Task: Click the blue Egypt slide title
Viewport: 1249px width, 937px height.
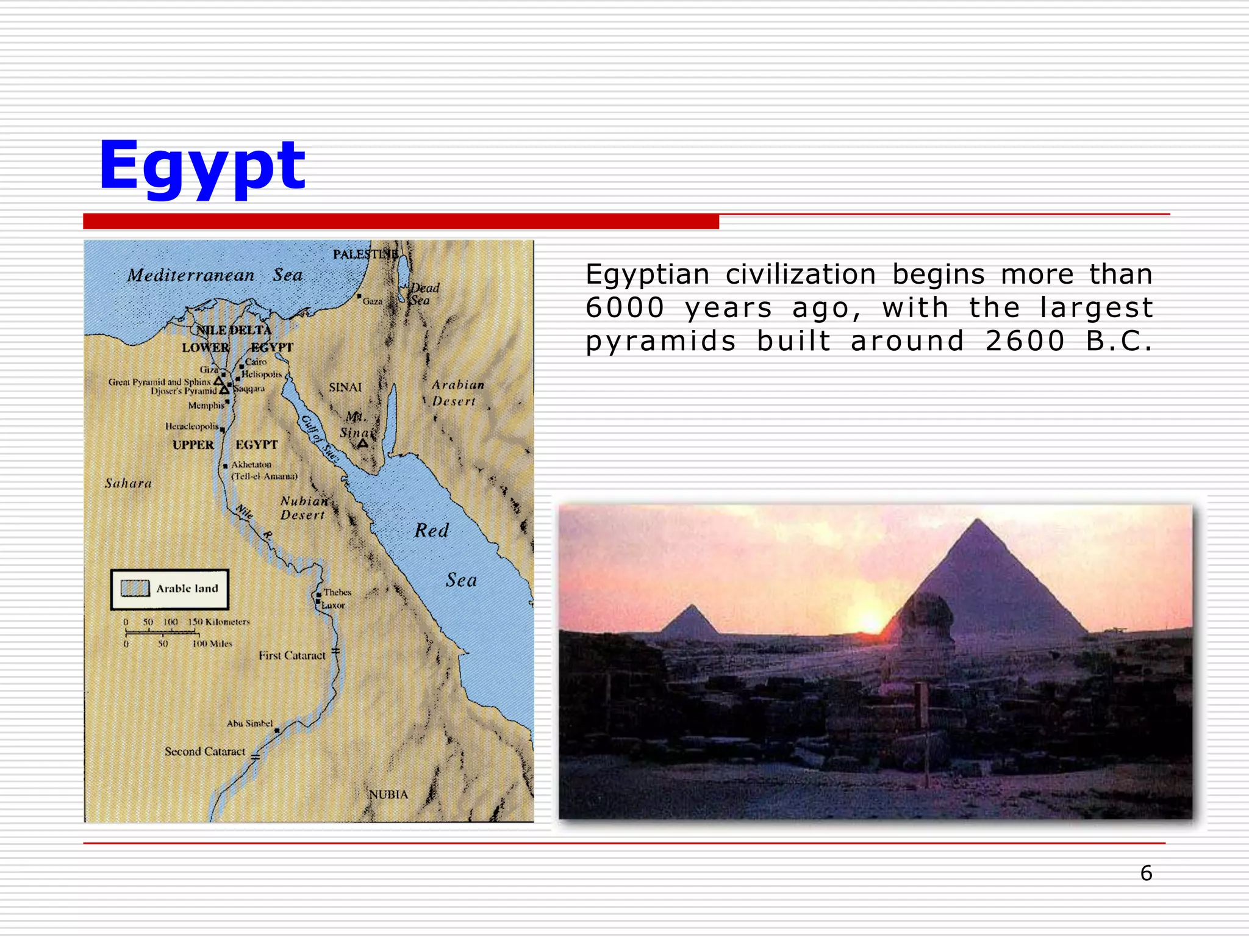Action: coord(201,167)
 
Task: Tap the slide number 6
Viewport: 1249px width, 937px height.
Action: coord(1146,873)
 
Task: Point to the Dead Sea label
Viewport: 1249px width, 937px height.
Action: coord(423,293)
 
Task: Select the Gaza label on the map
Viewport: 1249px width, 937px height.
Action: coord(373,301)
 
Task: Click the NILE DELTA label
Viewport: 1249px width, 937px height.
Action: coord(234,330)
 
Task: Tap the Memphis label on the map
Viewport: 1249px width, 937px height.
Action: coord(206,406)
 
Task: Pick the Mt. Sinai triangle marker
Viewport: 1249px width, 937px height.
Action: coord(363,443)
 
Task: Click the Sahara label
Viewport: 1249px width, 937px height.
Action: coord(128,483)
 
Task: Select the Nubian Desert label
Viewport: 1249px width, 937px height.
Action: coord(303,508)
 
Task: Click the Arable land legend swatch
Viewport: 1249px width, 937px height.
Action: coord(135,588)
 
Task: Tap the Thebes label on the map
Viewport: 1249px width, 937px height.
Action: coord(337,592)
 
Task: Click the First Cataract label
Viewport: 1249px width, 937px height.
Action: coord(292,656)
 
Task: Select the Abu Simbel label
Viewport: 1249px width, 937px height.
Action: coord(249,723)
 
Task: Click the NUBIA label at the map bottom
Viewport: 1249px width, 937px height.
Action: coord(388,795)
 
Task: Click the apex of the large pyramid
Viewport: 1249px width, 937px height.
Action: coord(978,520)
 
